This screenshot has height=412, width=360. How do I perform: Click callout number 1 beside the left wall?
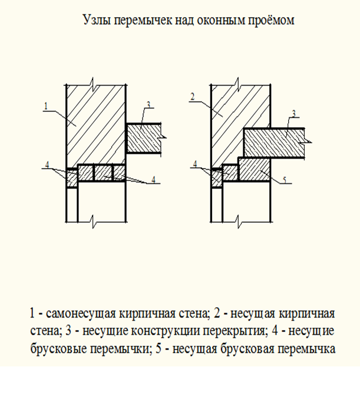[46, 106]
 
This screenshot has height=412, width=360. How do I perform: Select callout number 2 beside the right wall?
[193, 97]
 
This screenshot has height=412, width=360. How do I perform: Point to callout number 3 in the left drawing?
[148, 104]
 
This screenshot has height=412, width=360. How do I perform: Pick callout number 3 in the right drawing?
[294, 114]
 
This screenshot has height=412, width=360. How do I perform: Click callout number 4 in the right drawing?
[195, 164]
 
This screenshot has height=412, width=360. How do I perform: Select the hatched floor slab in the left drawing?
[143, 138]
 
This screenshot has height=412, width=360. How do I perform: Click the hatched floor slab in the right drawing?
[274, 143]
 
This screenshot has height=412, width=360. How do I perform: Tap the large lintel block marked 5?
[254, 169]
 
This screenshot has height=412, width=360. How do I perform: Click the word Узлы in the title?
[97, 20]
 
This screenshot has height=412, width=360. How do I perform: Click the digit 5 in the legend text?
[158, 349]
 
